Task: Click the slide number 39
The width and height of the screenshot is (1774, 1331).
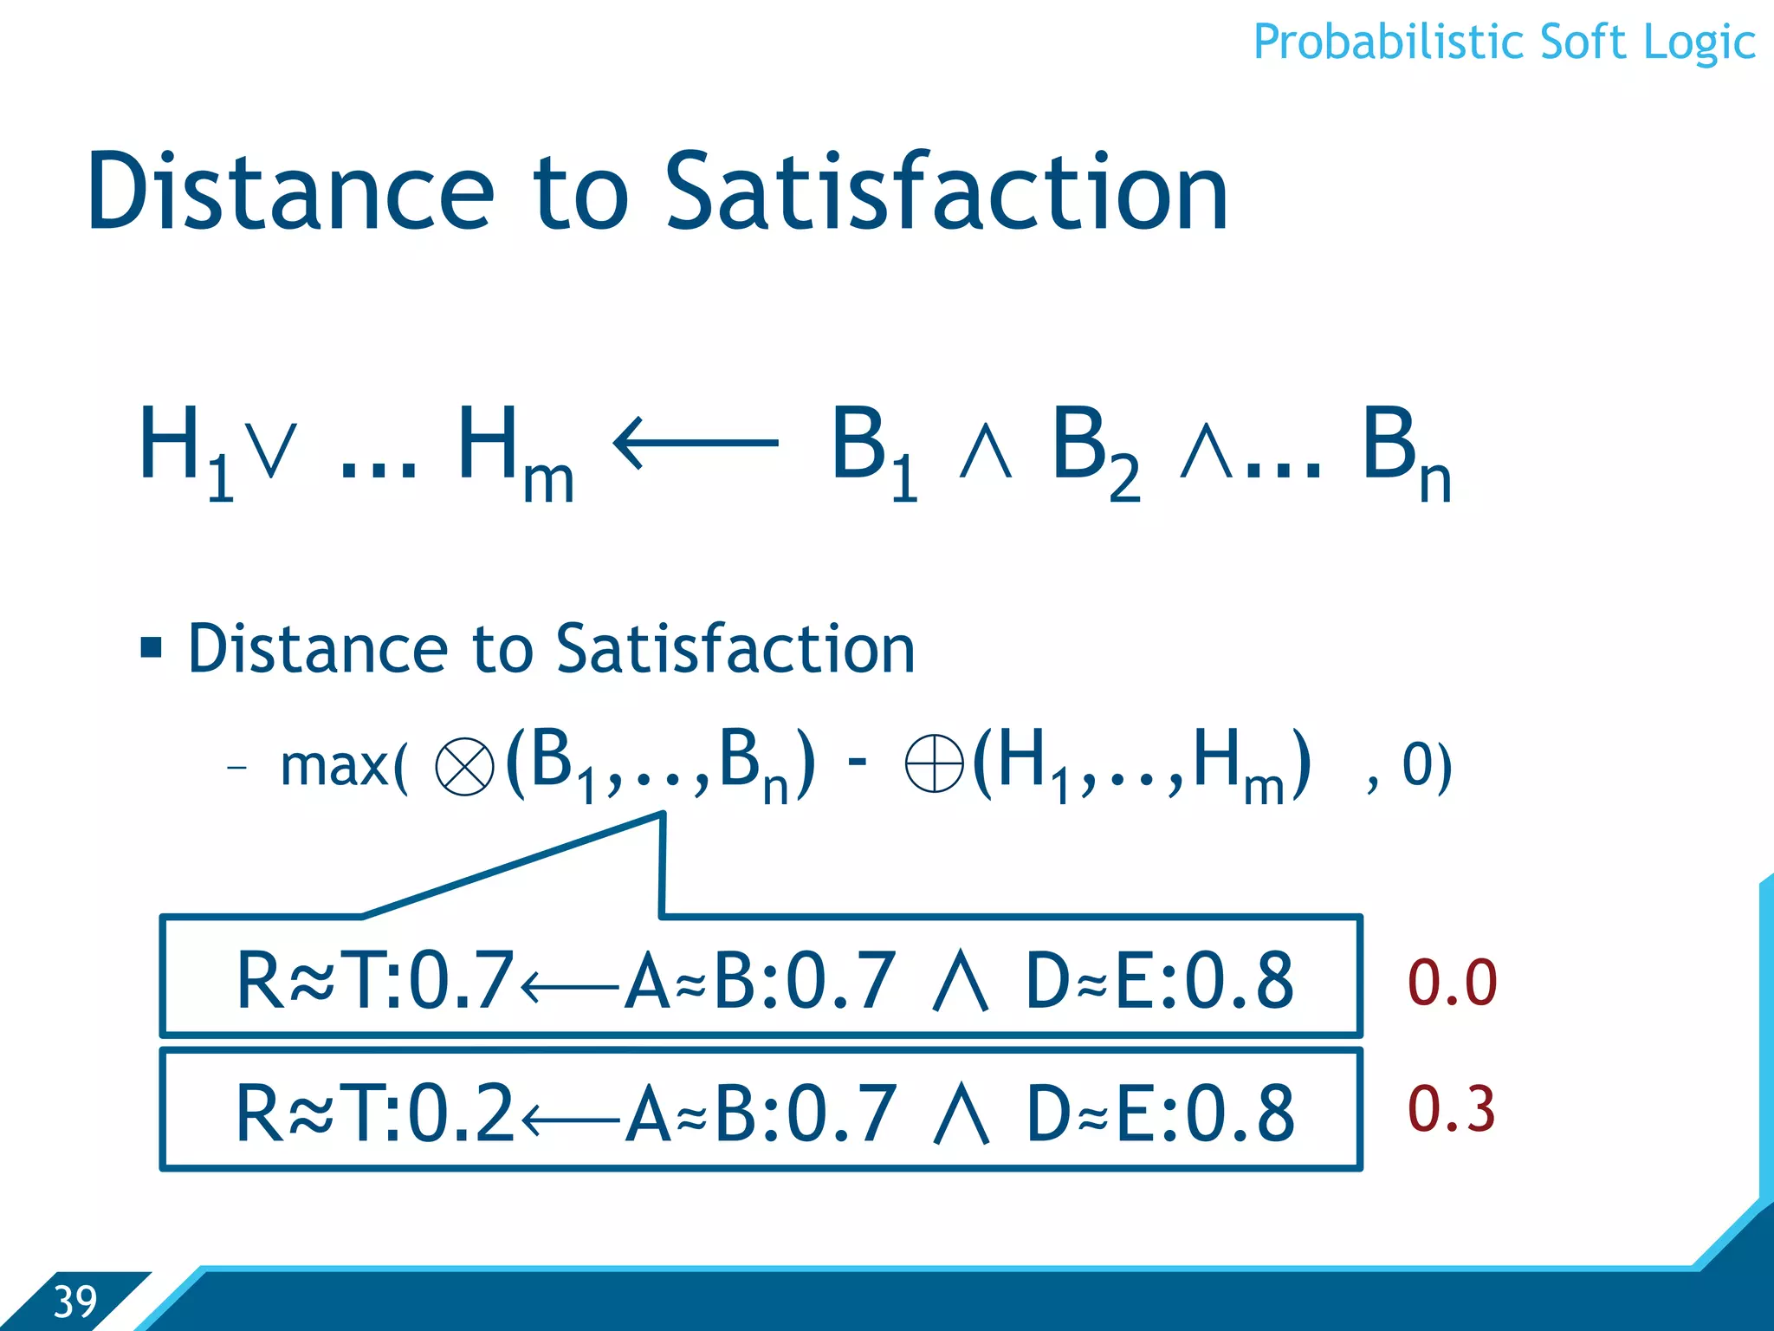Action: (x=74, y=1302)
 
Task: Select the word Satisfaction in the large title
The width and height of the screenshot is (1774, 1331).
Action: (x=945, y=192)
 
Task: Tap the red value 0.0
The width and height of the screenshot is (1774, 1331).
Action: (x=1452, y=983)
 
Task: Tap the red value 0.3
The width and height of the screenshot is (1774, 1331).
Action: (x=1452, y=1109)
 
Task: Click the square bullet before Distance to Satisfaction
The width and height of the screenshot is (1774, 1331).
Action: (x=152, y=647)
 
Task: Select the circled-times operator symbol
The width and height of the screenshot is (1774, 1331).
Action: (x=464, y=766)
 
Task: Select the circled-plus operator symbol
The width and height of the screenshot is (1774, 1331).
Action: (x=934, y=763)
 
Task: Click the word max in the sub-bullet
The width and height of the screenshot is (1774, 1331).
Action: (x=334, y=766)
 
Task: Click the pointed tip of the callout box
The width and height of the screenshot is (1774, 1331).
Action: (x=662, y=815)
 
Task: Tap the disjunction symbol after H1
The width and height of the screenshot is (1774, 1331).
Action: (x=270, y=451)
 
